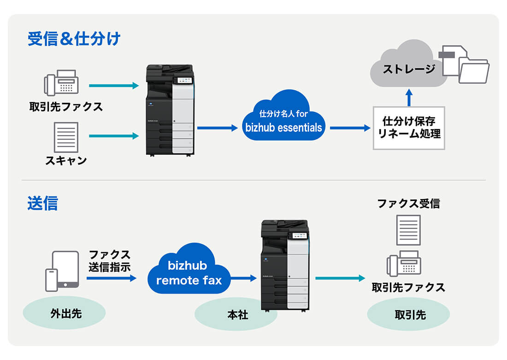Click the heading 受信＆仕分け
tap(74, 39)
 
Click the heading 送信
tap(42, 203)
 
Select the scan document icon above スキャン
tap(66, 137)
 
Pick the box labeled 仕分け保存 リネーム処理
tap(408, 128)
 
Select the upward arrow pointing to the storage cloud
tap(408, 97)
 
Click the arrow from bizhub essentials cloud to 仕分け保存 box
tap(350, 128)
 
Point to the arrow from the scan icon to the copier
tap(113, 136)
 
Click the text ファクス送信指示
tap(109, 260)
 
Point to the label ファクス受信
tap(408, 203)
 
